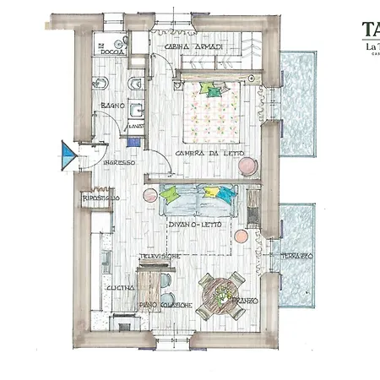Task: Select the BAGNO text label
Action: tap(112, 106)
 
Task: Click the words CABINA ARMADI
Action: tap(193, 47)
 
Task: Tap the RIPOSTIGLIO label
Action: tap(100, 198)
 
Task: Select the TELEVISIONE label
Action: tap(161, 255)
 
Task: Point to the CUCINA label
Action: tap(117, 288)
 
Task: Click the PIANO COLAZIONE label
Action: tap(166, 304)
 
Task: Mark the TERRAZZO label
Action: tap(296, 255)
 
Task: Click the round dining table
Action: tap(220, 296)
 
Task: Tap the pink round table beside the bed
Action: tap(246, 167)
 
